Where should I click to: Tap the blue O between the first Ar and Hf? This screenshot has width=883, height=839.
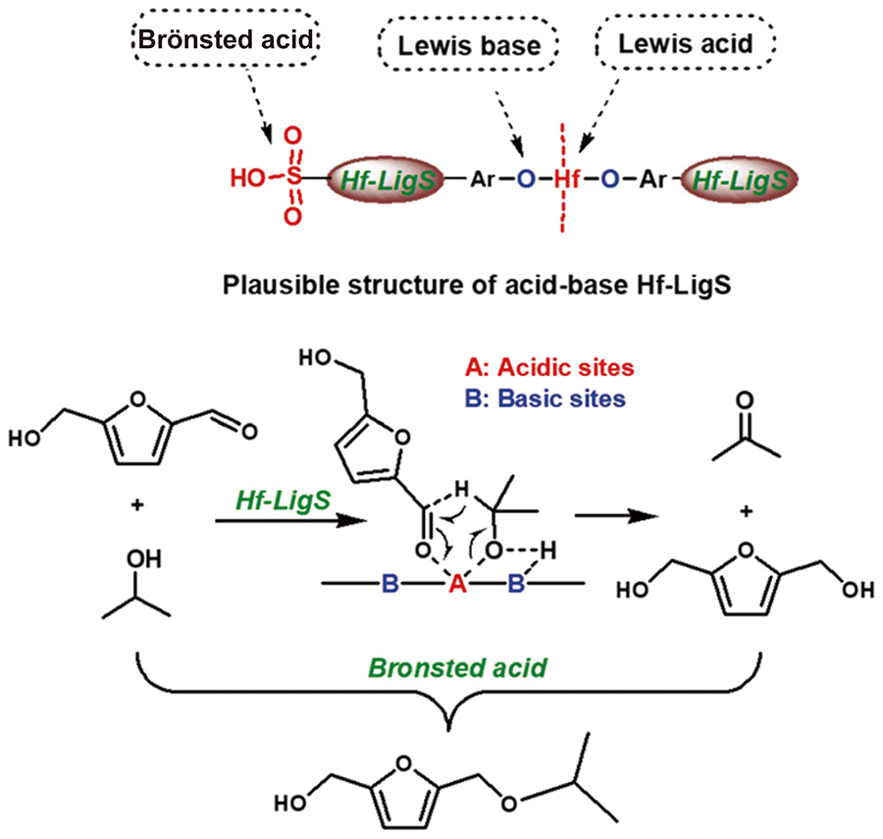517,182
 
